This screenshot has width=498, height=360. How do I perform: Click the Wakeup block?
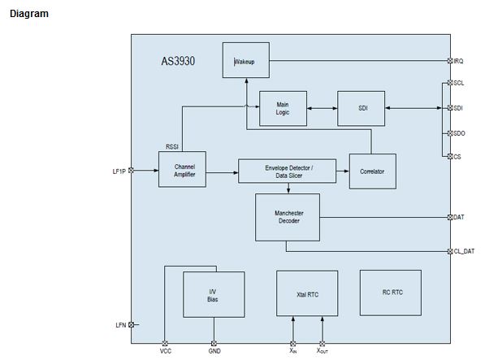point(245,61)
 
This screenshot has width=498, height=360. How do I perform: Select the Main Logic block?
point(283,109)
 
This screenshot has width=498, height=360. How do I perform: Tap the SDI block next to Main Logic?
point(362,109)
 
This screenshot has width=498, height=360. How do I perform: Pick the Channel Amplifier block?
point(182,170)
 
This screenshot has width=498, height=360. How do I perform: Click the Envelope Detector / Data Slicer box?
point(288,171)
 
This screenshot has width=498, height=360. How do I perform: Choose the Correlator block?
point(372,171)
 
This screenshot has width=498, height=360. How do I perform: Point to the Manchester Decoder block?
point(287,217)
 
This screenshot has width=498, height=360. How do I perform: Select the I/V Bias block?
point(213,295)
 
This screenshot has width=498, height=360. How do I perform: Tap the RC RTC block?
point(391,293)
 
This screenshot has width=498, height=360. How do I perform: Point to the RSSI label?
point(172,146)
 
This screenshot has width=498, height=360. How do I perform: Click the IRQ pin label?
point(459,61)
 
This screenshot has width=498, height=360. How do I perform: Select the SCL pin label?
point(459,83)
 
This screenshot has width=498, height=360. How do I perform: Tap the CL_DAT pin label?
point(464,252)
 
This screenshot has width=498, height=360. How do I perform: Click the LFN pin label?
point(121,325)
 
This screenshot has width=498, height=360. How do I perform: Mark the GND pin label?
point(214,352)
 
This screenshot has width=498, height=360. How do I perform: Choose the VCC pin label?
point(166,352)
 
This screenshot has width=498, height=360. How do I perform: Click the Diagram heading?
point(28,14)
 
